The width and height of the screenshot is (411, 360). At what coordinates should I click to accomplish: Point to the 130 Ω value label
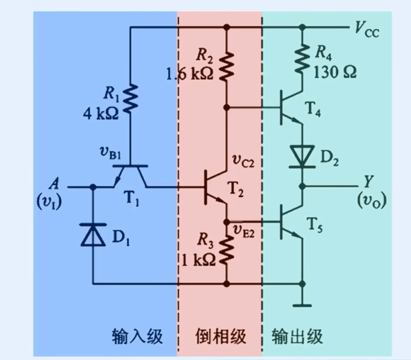pos(335,73)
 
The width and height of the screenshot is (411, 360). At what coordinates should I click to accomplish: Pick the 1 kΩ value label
pos(198,260)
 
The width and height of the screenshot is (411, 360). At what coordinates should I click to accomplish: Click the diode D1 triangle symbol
pos(93,235)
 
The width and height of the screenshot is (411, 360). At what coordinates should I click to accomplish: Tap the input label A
pos(53,184)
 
